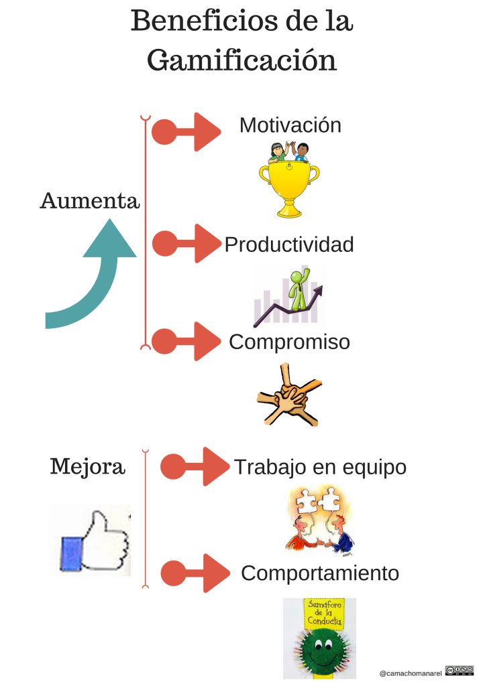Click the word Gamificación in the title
[x=241, y=61]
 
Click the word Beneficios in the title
[x=204, y=20]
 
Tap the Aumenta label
[x=90, y=201]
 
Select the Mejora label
[x=87, y=466]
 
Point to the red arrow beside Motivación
[x=186, y=132]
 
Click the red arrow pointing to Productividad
[x=186, y=244]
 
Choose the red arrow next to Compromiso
[x=186, y=341]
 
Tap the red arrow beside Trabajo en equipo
[x=195, y=466]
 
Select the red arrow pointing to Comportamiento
[x=195, y=573]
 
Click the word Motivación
[x=290, y=125]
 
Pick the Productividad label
[x=288, y=245]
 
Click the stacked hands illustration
[x=289, y=395]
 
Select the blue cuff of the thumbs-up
[x=71, y=553]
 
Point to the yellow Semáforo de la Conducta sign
[x=323, y=613]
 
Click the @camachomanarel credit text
[x=411, y=673]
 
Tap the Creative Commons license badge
[x=459, y=670]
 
